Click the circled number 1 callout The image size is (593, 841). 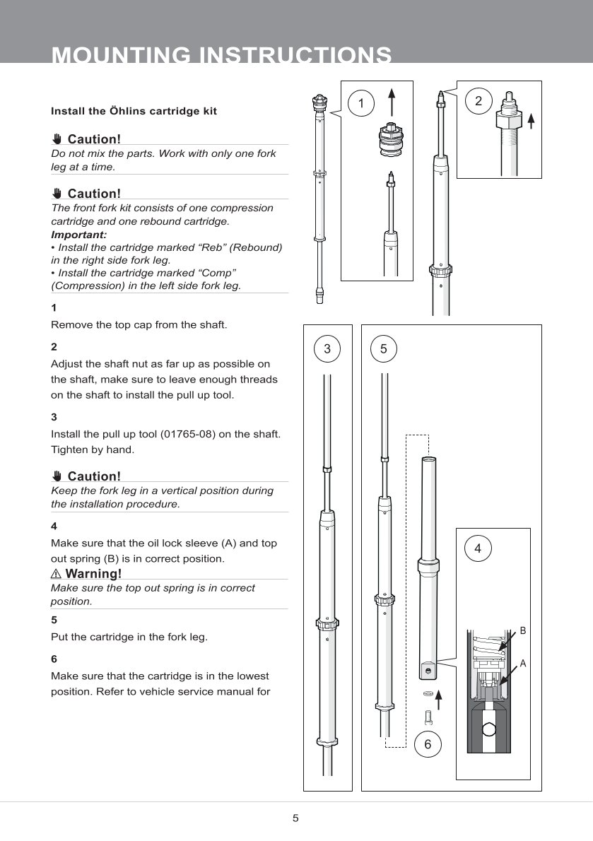tap(361, 104)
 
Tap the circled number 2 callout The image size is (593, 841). tap(478, 101)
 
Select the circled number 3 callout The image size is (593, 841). tap(327, 348)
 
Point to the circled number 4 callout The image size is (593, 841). tap(478, 548)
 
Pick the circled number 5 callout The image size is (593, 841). tap(384, 348)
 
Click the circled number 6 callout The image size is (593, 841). tap(428, 744)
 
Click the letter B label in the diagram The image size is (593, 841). tap(523, 629)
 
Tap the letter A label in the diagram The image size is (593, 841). tap(523, 664)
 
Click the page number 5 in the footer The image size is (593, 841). tap(295, 818)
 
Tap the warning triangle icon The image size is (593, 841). tap(56, 573)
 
